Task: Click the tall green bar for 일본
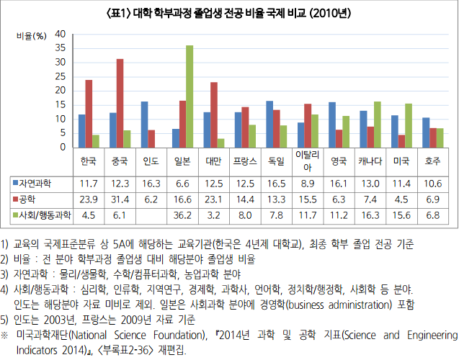[190, 96]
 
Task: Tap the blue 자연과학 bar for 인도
[144, 125]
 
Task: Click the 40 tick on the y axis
[61, 34]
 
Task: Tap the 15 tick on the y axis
[61, 105]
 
